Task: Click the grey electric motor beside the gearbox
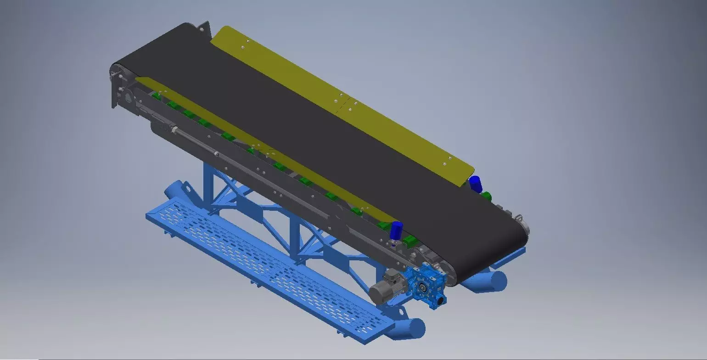[x=383, y=290]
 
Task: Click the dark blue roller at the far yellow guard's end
[x=475, y=184]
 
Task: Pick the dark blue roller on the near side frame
[x=396, y=230]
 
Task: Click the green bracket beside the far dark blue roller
[x=486, y=196]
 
